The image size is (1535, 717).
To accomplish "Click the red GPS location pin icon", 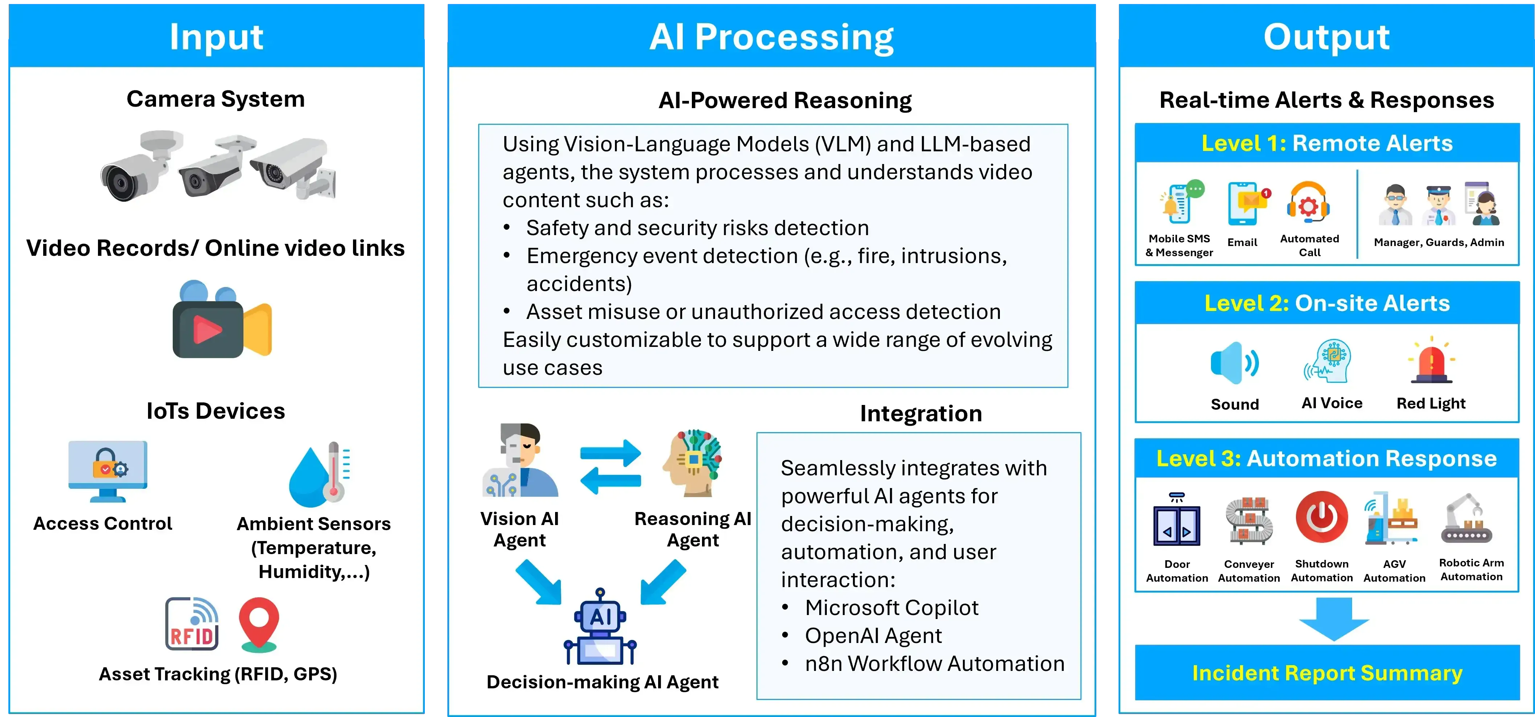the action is pos(259,624).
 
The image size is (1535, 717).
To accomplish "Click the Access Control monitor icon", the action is pos(108,471).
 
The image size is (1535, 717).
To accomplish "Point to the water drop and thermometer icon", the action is pos(319,474).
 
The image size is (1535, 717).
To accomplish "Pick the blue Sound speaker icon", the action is pos(1234,362).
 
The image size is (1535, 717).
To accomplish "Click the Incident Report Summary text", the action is pos(1327,673).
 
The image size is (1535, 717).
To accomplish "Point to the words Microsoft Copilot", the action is pos(891,607).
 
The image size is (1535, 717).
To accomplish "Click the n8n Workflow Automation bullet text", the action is pos(934,663).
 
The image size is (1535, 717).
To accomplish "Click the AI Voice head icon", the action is pos(1328,361).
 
